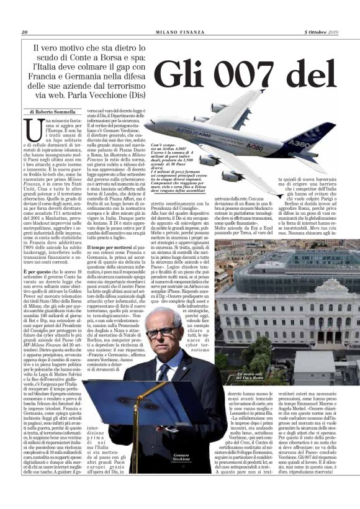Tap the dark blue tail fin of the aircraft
314,133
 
